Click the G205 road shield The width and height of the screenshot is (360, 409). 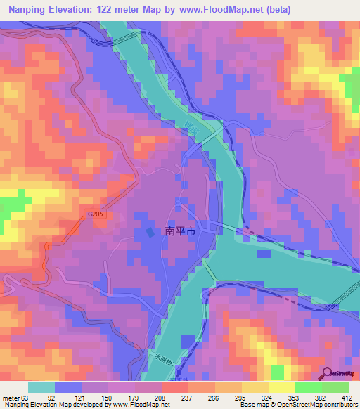click(97, 214)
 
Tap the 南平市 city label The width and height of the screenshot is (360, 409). click(180, 231)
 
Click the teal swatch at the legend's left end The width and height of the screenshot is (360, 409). click(41, 388)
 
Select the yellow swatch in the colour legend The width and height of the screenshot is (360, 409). click(281, 388)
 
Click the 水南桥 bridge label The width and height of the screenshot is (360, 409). click(161, 359)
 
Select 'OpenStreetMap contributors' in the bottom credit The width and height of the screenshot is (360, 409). click(316, 405)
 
